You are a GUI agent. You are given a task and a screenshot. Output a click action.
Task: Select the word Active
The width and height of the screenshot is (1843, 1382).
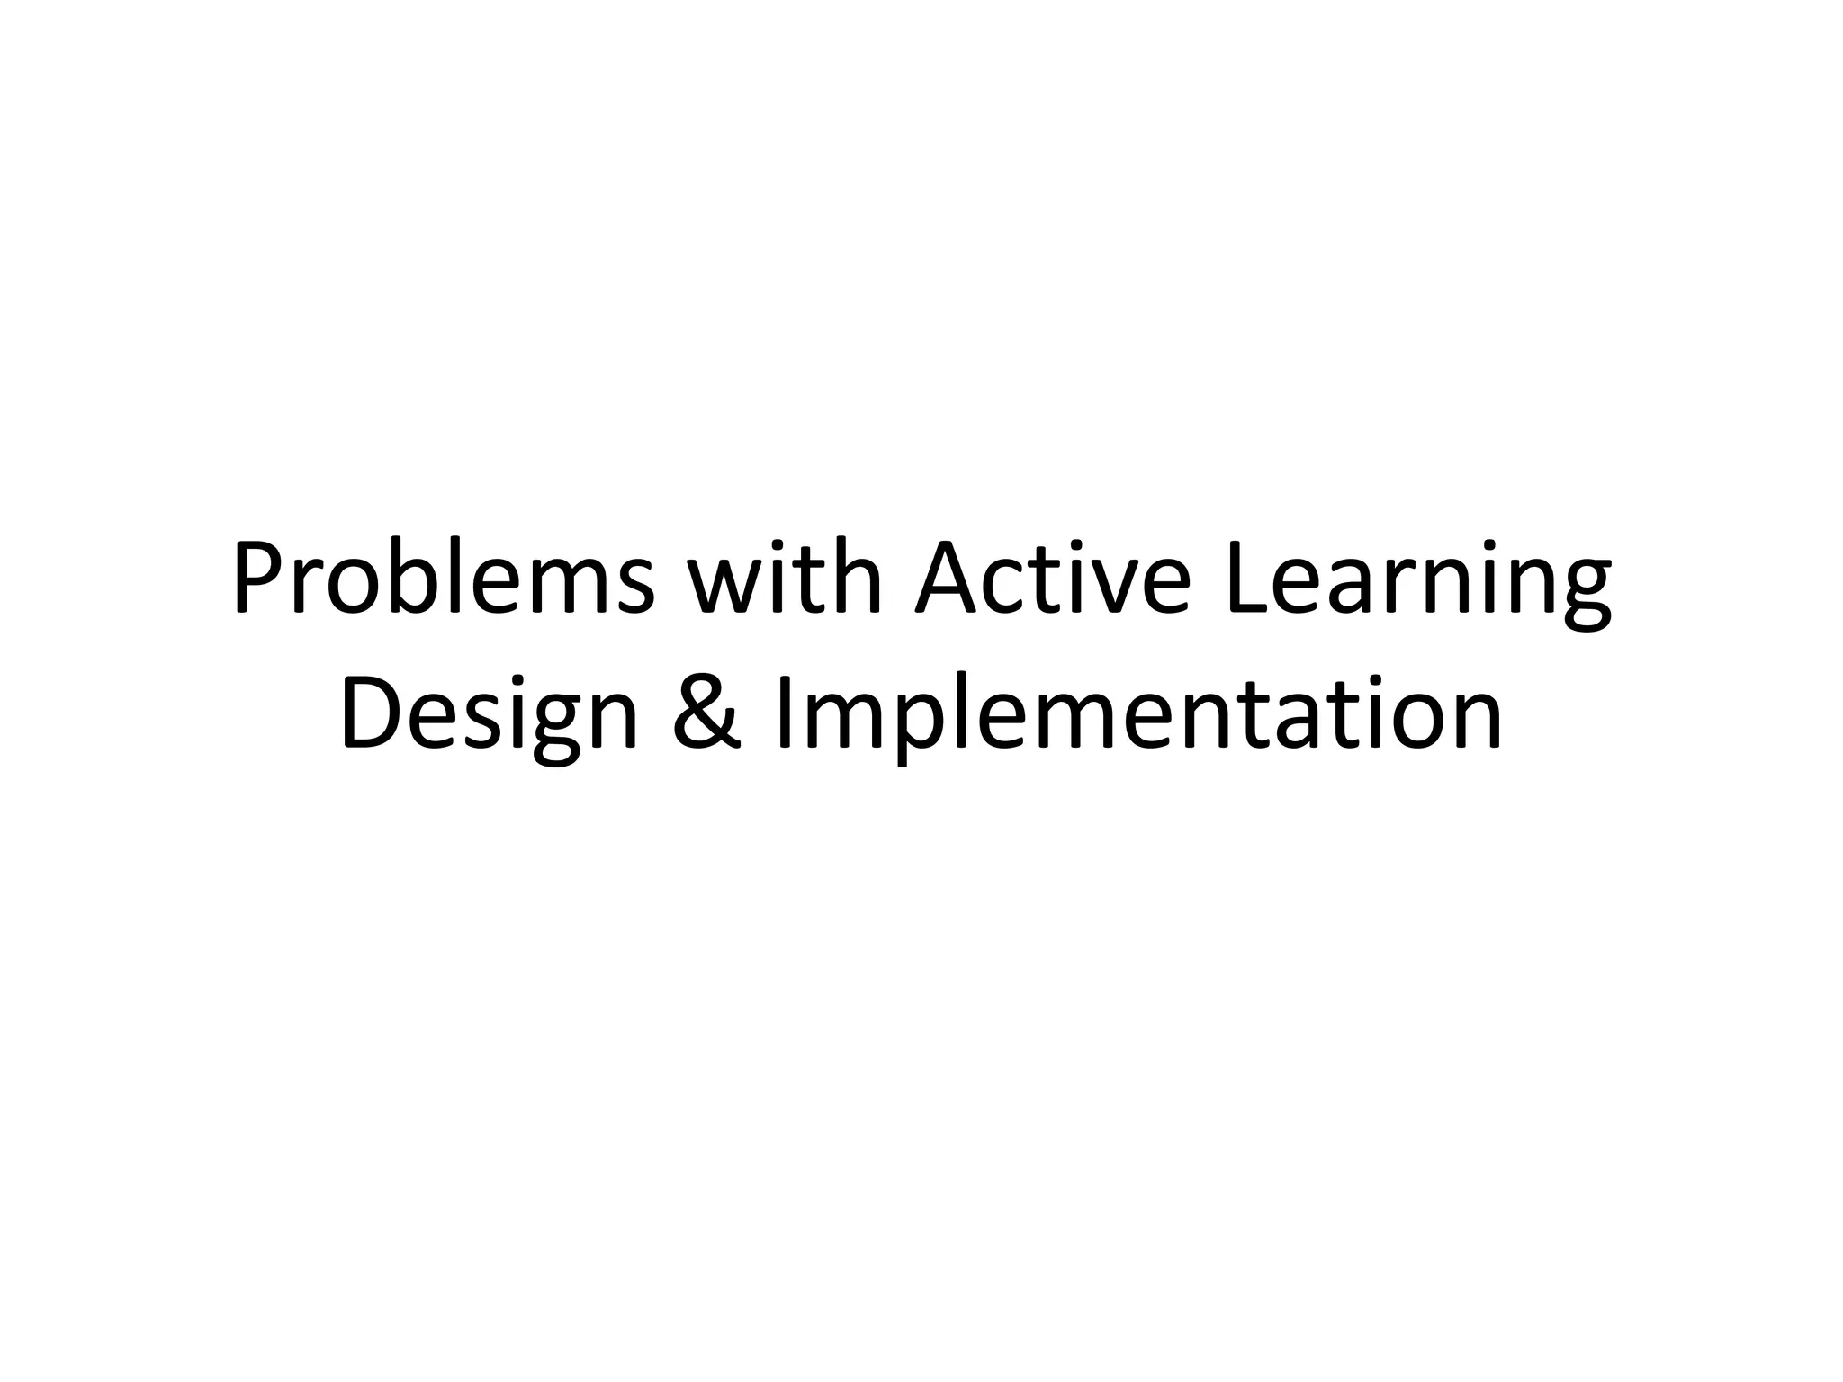1054,578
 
